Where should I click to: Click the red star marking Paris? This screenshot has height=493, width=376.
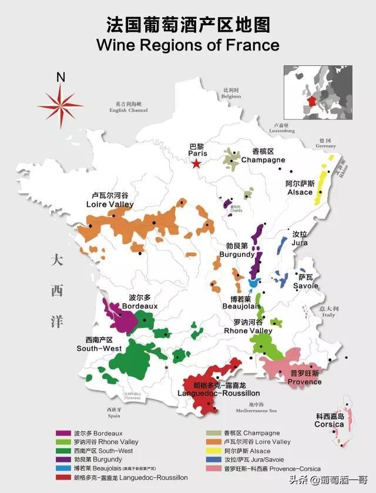[x=196, y=164]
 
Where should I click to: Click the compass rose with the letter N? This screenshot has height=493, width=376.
[x=61, y=105]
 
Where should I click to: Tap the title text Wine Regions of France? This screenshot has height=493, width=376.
[x=187, y=45]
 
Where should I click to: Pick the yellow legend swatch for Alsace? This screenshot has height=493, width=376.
[x=210, y=451]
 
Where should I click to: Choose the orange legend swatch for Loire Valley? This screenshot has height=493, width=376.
[x=210, y=442]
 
